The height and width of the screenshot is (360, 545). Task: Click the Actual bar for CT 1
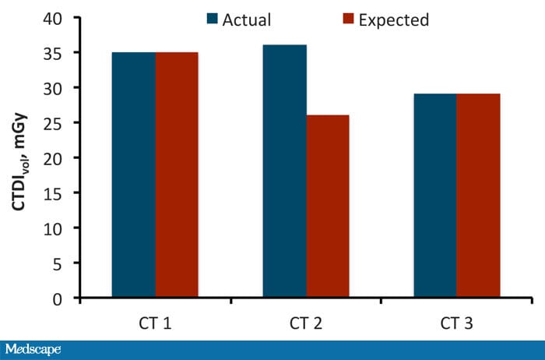point(133,175)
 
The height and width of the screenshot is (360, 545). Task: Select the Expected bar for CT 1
point(176,175)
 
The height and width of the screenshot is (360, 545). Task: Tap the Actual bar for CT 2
point(284,171)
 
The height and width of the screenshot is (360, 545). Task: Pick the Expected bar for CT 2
point(327,206)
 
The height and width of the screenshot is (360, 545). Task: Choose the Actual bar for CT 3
point(434,196)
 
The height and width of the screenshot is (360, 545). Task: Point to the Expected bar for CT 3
point(478,196)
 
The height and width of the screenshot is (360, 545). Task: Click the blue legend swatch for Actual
point(213,19)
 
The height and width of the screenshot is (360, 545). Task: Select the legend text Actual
point(247,19)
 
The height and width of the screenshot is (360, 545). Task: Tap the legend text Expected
point(394,20)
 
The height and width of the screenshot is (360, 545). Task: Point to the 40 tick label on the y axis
point(59,18)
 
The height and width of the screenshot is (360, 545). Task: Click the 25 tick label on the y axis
point(59,123)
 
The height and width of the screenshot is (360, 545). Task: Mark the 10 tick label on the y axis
point(59,228)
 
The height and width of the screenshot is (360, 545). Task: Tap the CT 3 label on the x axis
point(456,320)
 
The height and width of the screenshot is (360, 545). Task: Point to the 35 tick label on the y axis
point(59,53)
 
